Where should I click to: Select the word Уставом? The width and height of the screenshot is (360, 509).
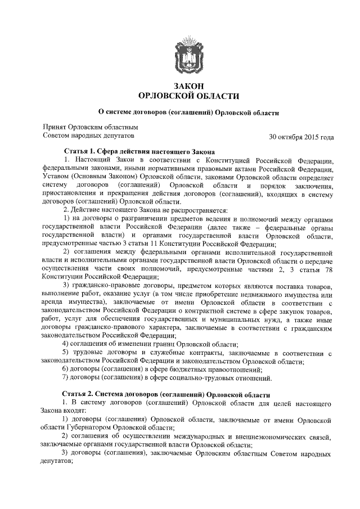pyautogui.click(x=57, y=177)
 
